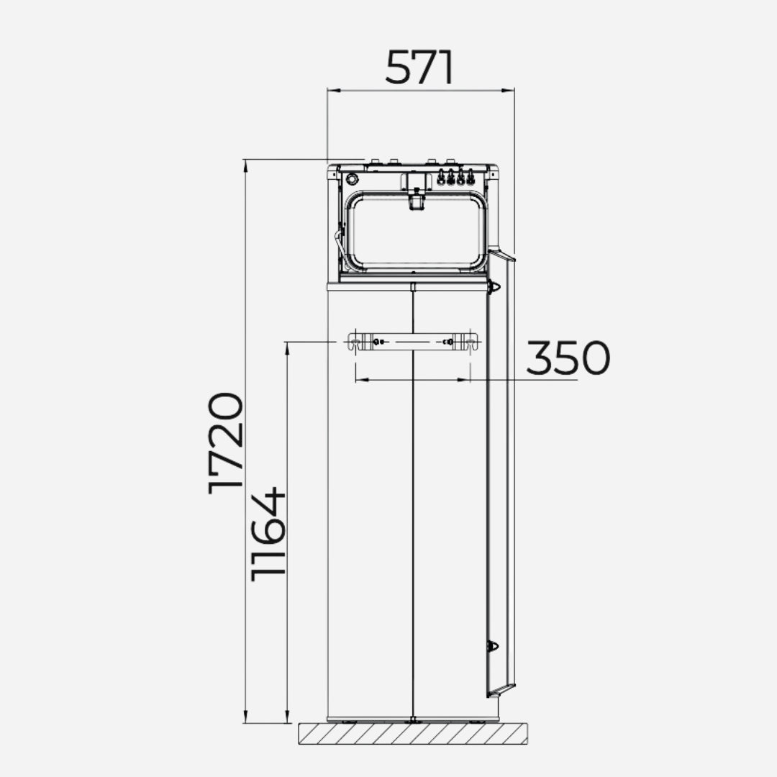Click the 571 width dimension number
(419, 68)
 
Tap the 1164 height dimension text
(269, 534)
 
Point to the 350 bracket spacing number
(568, 358)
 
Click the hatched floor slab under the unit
(412, 734)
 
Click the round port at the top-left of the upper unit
(352, 178)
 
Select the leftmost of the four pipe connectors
(441, 177)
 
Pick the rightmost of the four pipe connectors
(471, 177)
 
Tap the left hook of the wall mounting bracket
(355, 342)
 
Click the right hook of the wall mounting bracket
(471, 342)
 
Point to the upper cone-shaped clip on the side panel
(494, 287)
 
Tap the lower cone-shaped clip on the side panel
(493, 645)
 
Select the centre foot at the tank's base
(412, 719)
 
